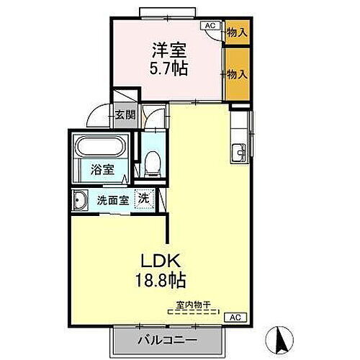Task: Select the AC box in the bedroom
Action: point(211,27)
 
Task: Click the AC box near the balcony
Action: point(235,316)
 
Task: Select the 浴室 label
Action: point(102,171)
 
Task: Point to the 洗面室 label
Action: point(113,200)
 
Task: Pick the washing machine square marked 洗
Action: point(144,199)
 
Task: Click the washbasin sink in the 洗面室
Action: point(80,200)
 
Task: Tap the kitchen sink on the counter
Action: point(240,151)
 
